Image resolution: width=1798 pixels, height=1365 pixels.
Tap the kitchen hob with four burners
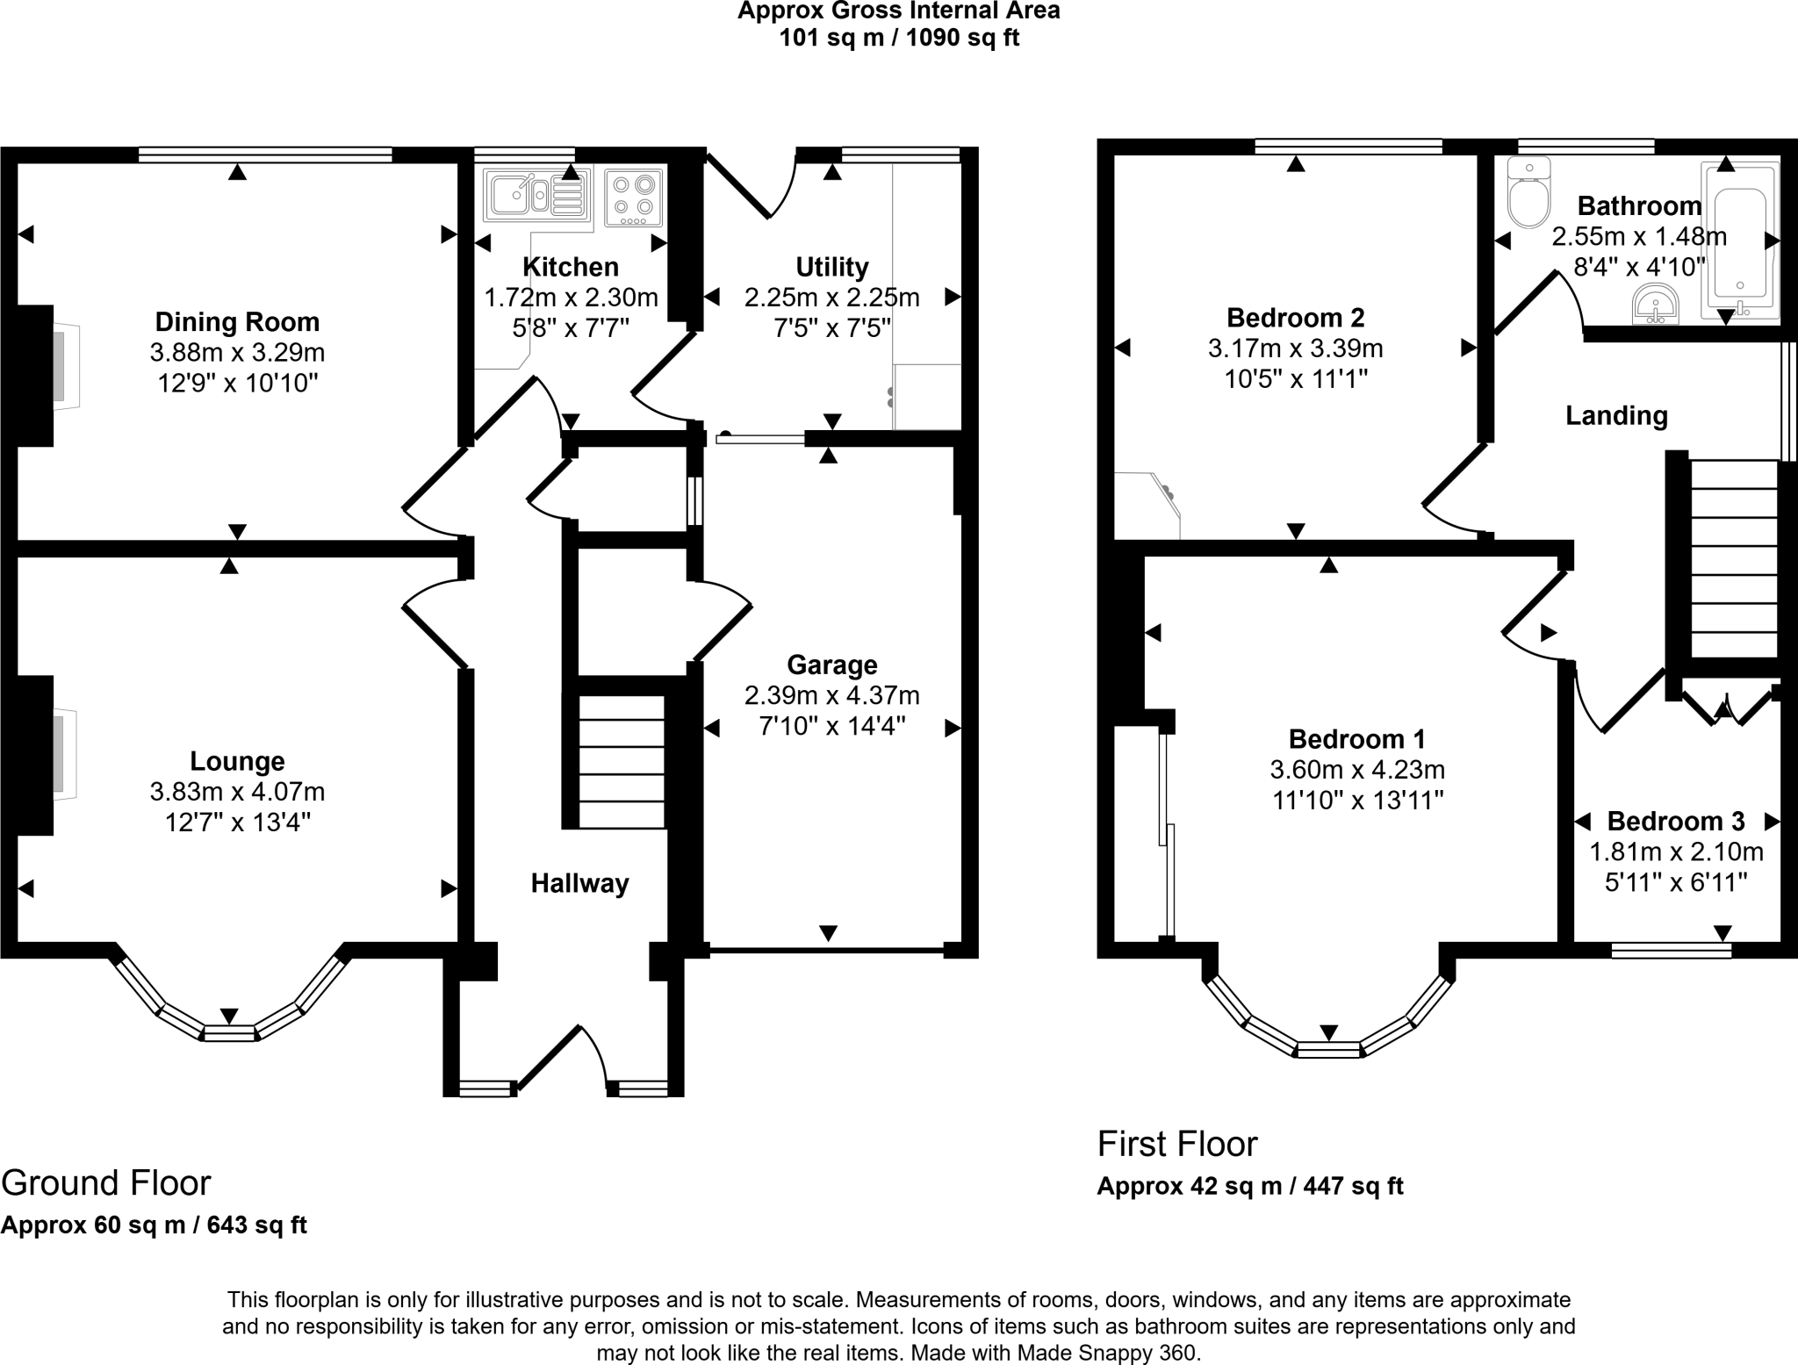(633, 196)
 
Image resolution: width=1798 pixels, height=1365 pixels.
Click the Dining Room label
(237, 322)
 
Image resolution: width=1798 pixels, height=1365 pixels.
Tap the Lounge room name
(237, 761)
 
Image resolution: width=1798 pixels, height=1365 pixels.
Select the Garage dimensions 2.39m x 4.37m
(831, 696)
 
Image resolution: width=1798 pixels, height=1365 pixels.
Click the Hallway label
(579, 883)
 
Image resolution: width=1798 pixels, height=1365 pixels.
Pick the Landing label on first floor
(1616, 415)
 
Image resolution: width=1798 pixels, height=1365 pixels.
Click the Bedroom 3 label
(1675, 822)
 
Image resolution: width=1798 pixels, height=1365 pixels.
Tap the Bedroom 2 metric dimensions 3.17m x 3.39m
(1295, 349)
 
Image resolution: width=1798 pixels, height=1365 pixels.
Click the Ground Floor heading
(106, 1183)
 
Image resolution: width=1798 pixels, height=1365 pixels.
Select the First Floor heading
(1177, 1145)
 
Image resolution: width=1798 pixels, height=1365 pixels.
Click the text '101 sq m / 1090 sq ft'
(899, 39)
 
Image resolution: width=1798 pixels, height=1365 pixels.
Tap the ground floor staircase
(621, 760)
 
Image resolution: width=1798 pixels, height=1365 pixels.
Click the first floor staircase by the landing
(1734, 557)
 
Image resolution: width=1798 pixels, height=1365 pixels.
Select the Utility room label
(831, 267)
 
